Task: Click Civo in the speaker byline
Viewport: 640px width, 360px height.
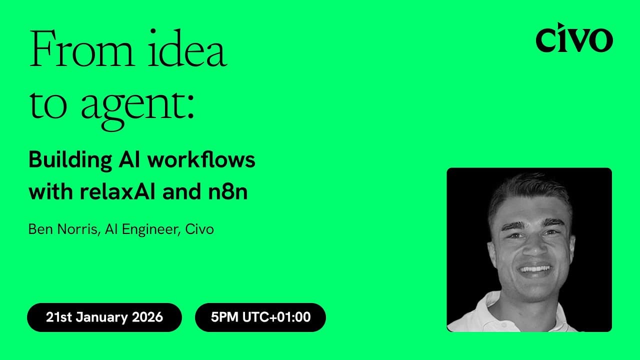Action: (199, 229)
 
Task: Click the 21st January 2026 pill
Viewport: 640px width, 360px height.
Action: (104, 317)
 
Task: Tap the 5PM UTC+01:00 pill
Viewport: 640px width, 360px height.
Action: (260, 317)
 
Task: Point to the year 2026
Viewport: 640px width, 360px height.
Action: (148, 317)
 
